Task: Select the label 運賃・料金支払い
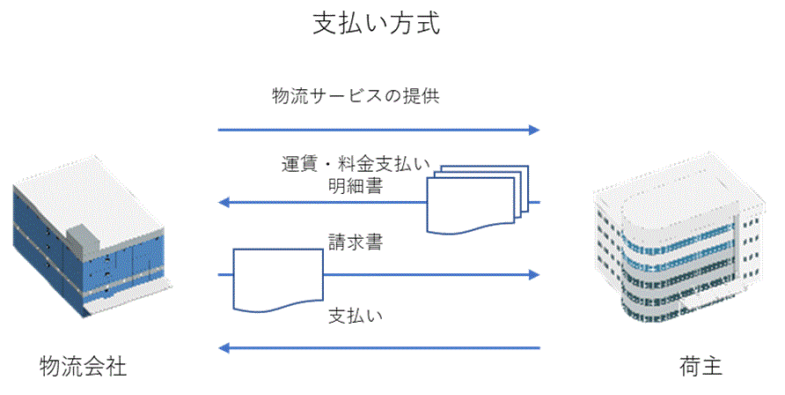(x=356, y=164)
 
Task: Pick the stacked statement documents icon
(x=475, y=201)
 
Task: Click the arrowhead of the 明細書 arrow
(x=225, y=204)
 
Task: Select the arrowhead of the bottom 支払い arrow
(x=225, y=348)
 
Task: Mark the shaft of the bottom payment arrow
(x=378, y=348)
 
